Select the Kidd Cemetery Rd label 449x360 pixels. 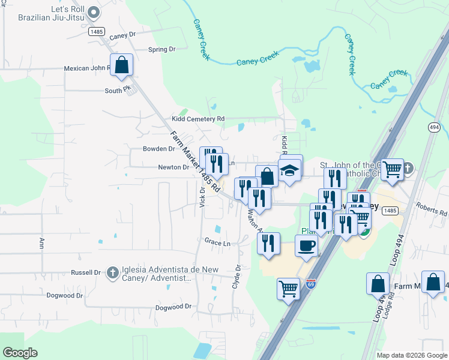(197, 119)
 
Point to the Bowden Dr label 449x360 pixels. (158, 149)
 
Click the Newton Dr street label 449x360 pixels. (173, 167)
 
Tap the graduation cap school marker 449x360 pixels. (290, 172)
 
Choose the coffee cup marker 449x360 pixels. (307, 245)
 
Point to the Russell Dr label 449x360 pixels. (85, 272)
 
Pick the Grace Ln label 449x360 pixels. (217, 244)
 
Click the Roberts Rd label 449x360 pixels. (435, 213)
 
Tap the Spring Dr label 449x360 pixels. (161, 49)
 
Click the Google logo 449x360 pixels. (20, 353)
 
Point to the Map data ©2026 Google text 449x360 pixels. (412, 355)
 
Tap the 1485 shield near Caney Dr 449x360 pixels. (96, 31)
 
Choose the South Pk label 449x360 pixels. (118, 90)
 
